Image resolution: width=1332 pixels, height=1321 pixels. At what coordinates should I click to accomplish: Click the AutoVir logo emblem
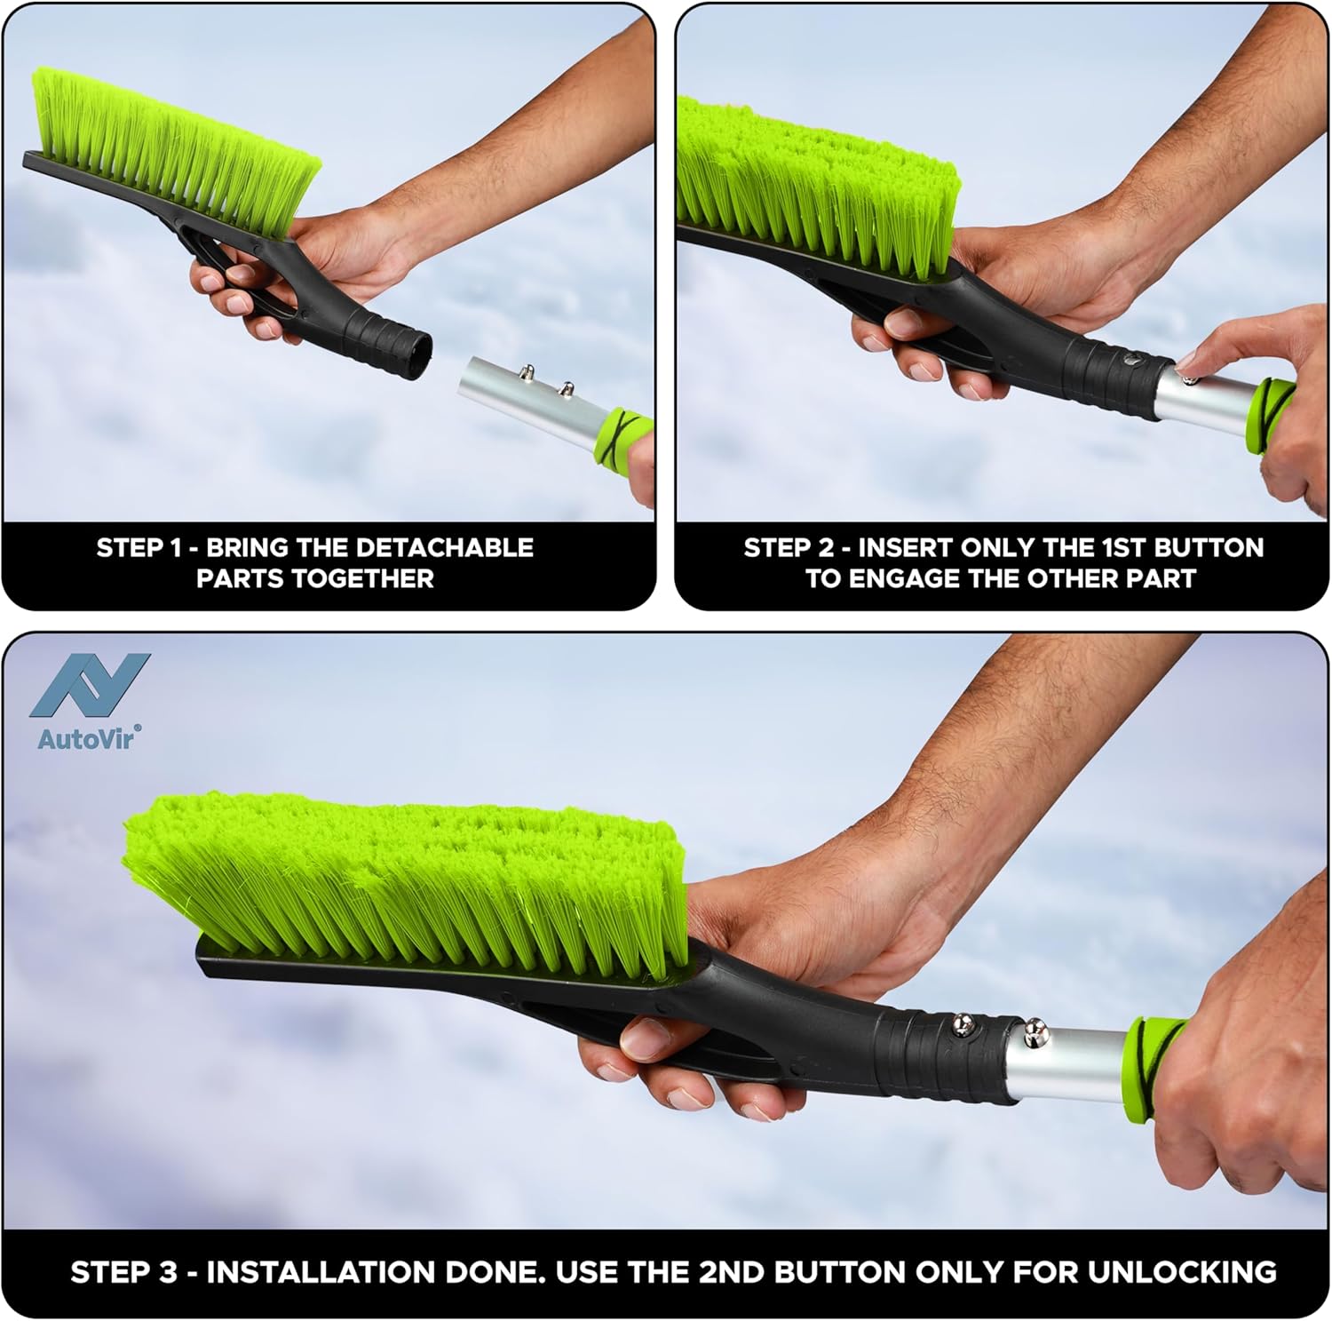coord(90,685)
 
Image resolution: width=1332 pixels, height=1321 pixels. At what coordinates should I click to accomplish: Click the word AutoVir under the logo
coord(88,737)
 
